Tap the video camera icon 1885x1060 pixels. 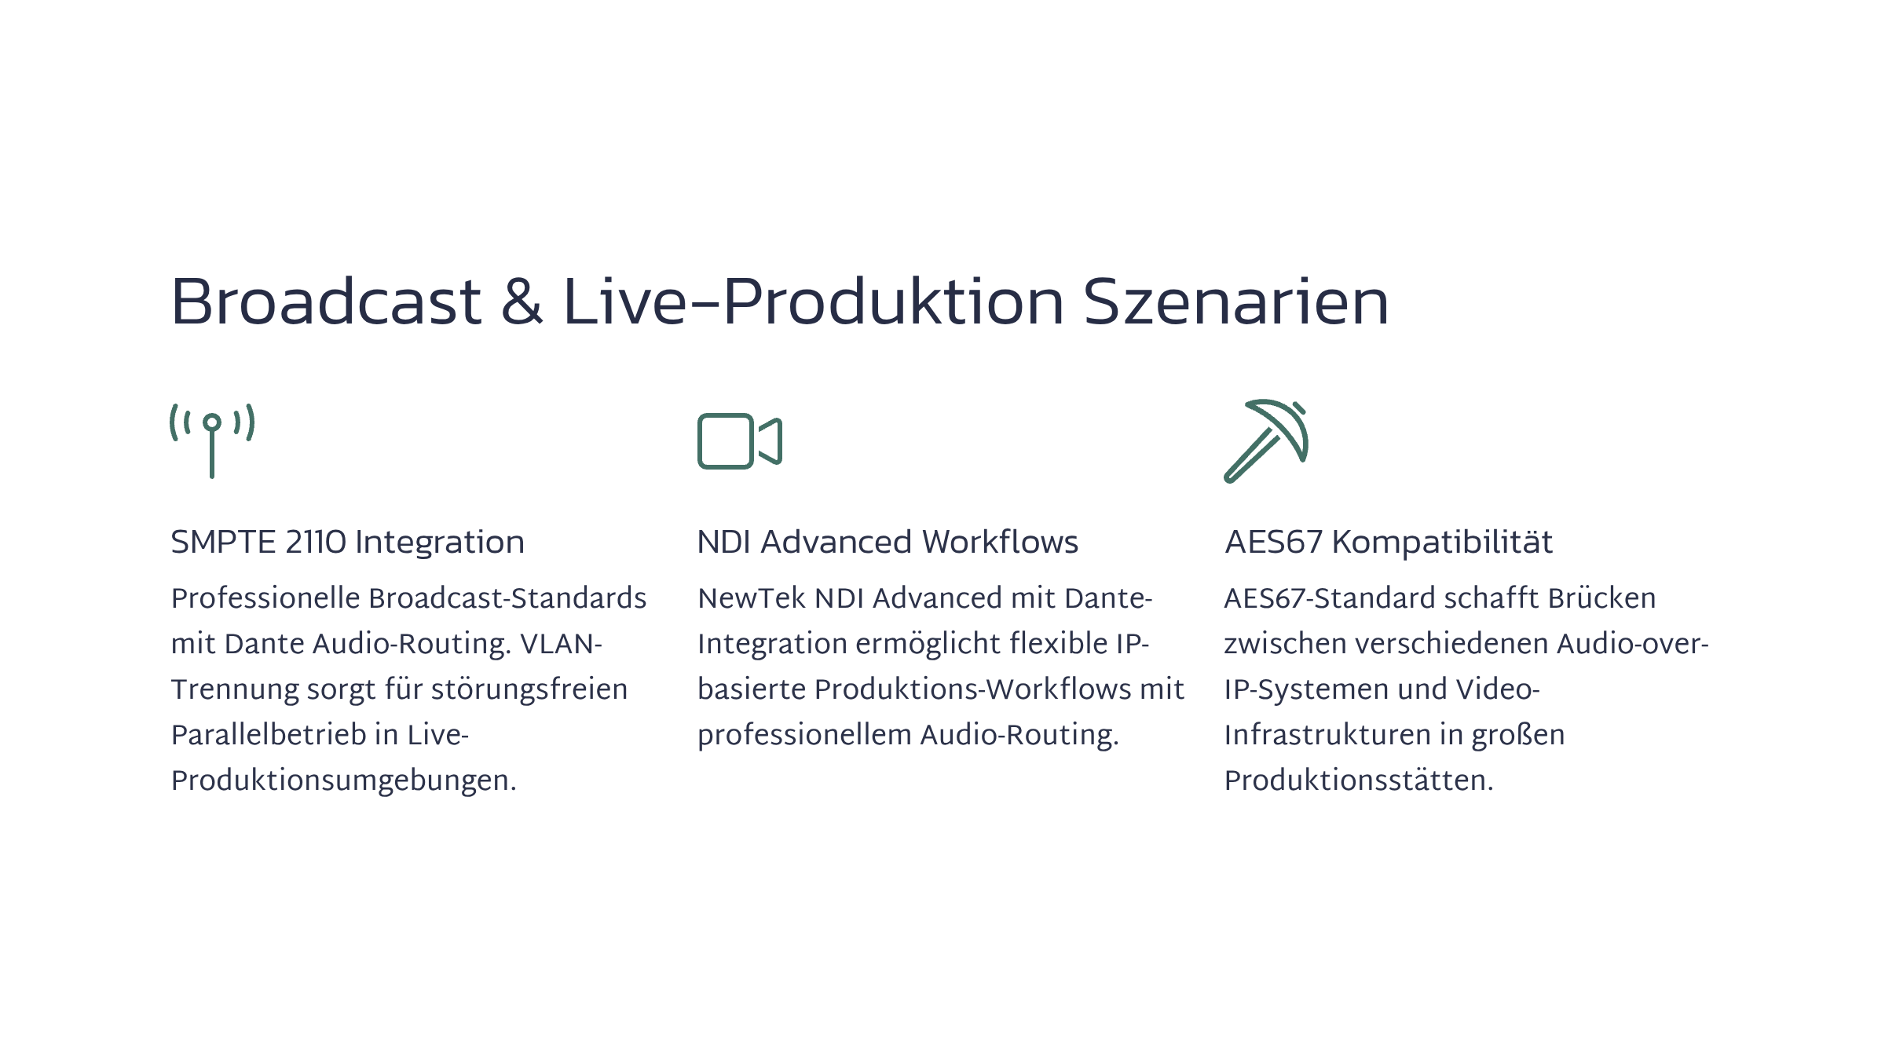tap(740, 441)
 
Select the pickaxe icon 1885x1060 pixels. tap(1266, 441)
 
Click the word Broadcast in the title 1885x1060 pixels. tap(326, 302)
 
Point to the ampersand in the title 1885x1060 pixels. tap(522, 302)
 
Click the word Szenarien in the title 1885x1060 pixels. tap(1236, 302)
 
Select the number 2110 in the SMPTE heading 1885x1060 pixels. tap(315, 543)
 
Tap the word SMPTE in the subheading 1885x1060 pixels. tap(224, 543)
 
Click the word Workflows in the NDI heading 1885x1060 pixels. tap(1000, 543)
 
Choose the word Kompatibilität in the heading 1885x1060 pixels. tap(1442, 543)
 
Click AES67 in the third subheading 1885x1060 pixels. tap(1273, 543)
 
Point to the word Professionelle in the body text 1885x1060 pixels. tap(265, 598)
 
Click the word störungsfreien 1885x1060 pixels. tap(529, 689)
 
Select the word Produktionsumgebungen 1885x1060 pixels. tap(344, 781)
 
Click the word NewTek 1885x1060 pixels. tap(752, 598)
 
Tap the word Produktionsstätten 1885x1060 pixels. tap(1359, 780)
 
